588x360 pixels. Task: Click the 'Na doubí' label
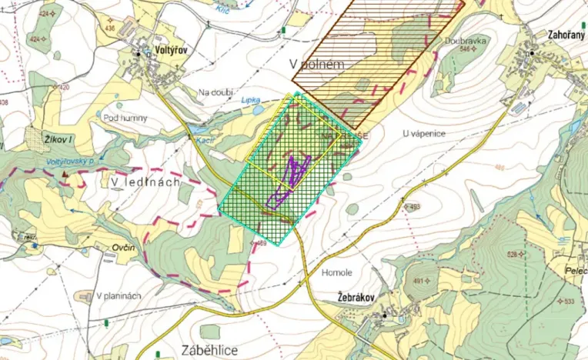pyautogui.click(x=215, y=93)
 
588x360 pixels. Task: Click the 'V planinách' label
pyautogui.click(x=119, y=296)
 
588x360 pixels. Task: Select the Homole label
pyautogui.click(x=336, y=272)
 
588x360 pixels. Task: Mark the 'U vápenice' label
pyautogui.click(x=423, y=133)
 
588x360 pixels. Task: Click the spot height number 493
pyautogui.click(x=415, y=207)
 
